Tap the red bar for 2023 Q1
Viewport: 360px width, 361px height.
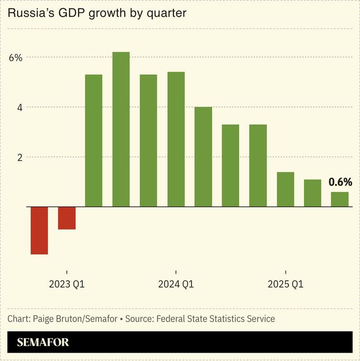[67, 218]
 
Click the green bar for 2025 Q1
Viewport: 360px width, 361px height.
[285, 189]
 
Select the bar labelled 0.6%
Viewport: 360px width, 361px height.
[340, 199]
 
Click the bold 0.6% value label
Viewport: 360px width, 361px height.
[340, 182]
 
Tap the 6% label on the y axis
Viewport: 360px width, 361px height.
[16, 58]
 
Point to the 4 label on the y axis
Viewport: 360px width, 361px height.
[19, 108]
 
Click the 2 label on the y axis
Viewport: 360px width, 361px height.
[19, 158]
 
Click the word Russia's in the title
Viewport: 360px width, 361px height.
[30, 13]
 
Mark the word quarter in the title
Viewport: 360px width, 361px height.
[168, 13]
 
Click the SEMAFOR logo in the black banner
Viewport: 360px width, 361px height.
[43, 343]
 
